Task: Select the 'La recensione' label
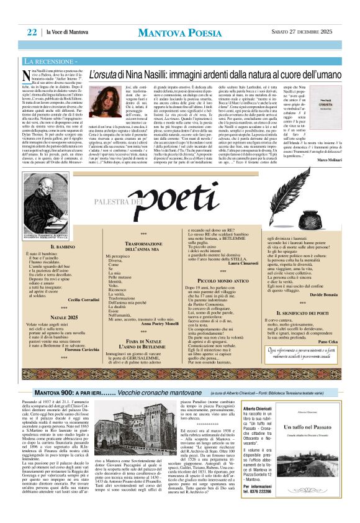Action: pos(64,61)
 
